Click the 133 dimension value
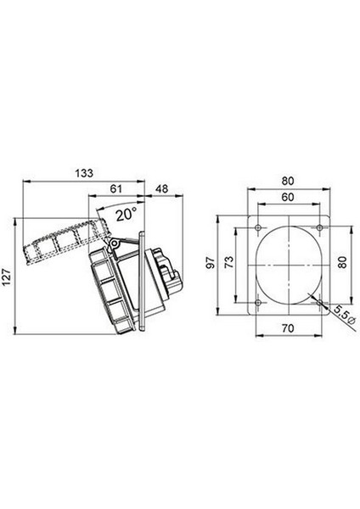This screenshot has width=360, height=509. tap(84, 173)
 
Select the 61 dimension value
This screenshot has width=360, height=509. tap(115, 188)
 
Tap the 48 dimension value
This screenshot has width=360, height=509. tap(162, 188)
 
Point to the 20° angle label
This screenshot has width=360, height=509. tap(127, 215)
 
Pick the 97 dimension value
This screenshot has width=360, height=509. tap(211, 262)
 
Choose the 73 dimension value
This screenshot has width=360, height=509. tap(229, 262)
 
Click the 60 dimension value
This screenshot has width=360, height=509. tap(288, 197)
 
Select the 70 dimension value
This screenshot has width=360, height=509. tap(288, 328)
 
